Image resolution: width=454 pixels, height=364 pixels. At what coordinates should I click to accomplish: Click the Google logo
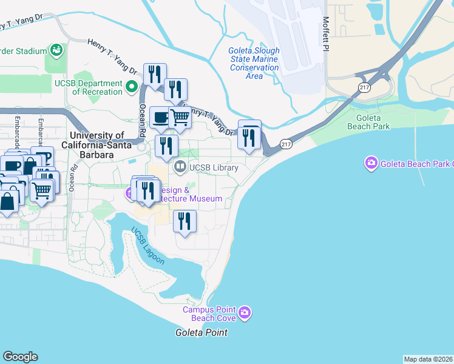[x=20, y=357]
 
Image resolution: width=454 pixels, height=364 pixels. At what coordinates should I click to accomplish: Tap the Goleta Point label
[x=202, y=332]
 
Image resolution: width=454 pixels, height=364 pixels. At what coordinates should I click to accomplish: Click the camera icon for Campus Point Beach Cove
[x=245, y=312]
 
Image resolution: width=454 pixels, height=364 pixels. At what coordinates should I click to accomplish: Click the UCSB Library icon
[x=180, y=166]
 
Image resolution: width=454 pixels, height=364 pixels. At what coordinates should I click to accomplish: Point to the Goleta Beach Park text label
[x=368, y=122]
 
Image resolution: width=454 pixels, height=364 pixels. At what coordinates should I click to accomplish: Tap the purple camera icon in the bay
[x=370, y=163]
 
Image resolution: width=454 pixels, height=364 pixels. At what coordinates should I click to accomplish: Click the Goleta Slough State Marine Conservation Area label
[x=254, y=63]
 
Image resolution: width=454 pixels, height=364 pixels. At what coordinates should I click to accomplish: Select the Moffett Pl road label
[x=326, y=33]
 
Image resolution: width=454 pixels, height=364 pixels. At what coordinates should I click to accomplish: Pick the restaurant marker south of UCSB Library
[x=185, y=220]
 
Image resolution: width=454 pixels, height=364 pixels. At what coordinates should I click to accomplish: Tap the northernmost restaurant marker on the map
[x=155, y=74]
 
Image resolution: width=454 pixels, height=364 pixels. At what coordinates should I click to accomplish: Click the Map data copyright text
[x=428, y=359]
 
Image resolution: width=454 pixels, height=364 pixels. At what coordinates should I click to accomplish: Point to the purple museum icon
[x=129, y=194]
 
